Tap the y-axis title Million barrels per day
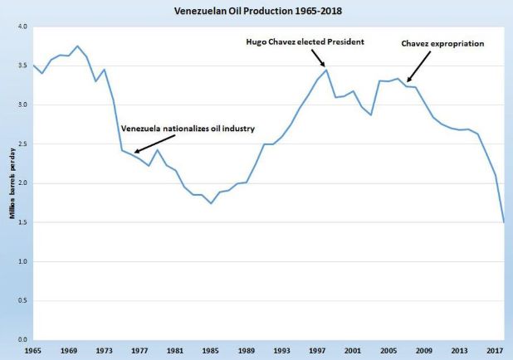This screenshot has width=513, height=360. [x=10, y=182]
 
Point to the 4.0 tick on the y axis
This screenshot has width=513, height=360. [x=22, y=27]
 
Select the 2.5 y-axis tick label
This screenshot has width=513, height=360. [x=22, y=144]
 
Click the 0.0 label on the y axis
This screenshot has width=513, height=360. [x=22, y=340]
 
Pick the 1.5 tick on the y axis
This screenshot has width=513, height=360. [x=22, y=222]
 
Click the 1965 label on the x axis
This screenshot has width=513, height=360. [x=33, y=352]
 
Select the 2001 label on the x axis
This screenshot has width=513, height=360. [x=353, y=352]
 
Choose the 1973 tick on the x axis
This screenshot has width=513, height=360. [x=105, y=352]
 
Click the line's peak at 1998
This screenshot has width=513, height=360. [x=326, y=70]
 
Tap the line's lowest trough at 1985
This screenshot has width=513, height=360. [x=211, y=203]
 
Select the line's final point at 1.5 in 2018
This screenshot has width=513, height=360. [x=504, y=222]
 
